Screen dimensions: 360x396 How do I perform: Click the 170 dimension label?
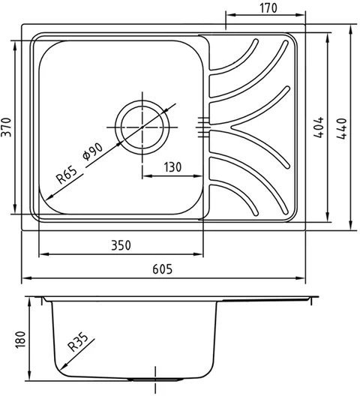coord(268,8)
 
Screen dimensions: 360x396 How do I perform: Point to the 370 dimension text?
coord(6,127)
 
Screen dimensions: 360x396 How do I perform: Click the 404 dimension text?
coord(319,127)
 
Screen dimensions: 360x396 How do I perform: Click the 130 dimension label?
coord(172,167)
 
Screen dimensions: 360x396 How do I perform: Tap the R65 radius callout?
coord(67,175)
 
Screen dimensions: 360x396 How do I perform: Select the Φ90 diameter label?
coord(93,151)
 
